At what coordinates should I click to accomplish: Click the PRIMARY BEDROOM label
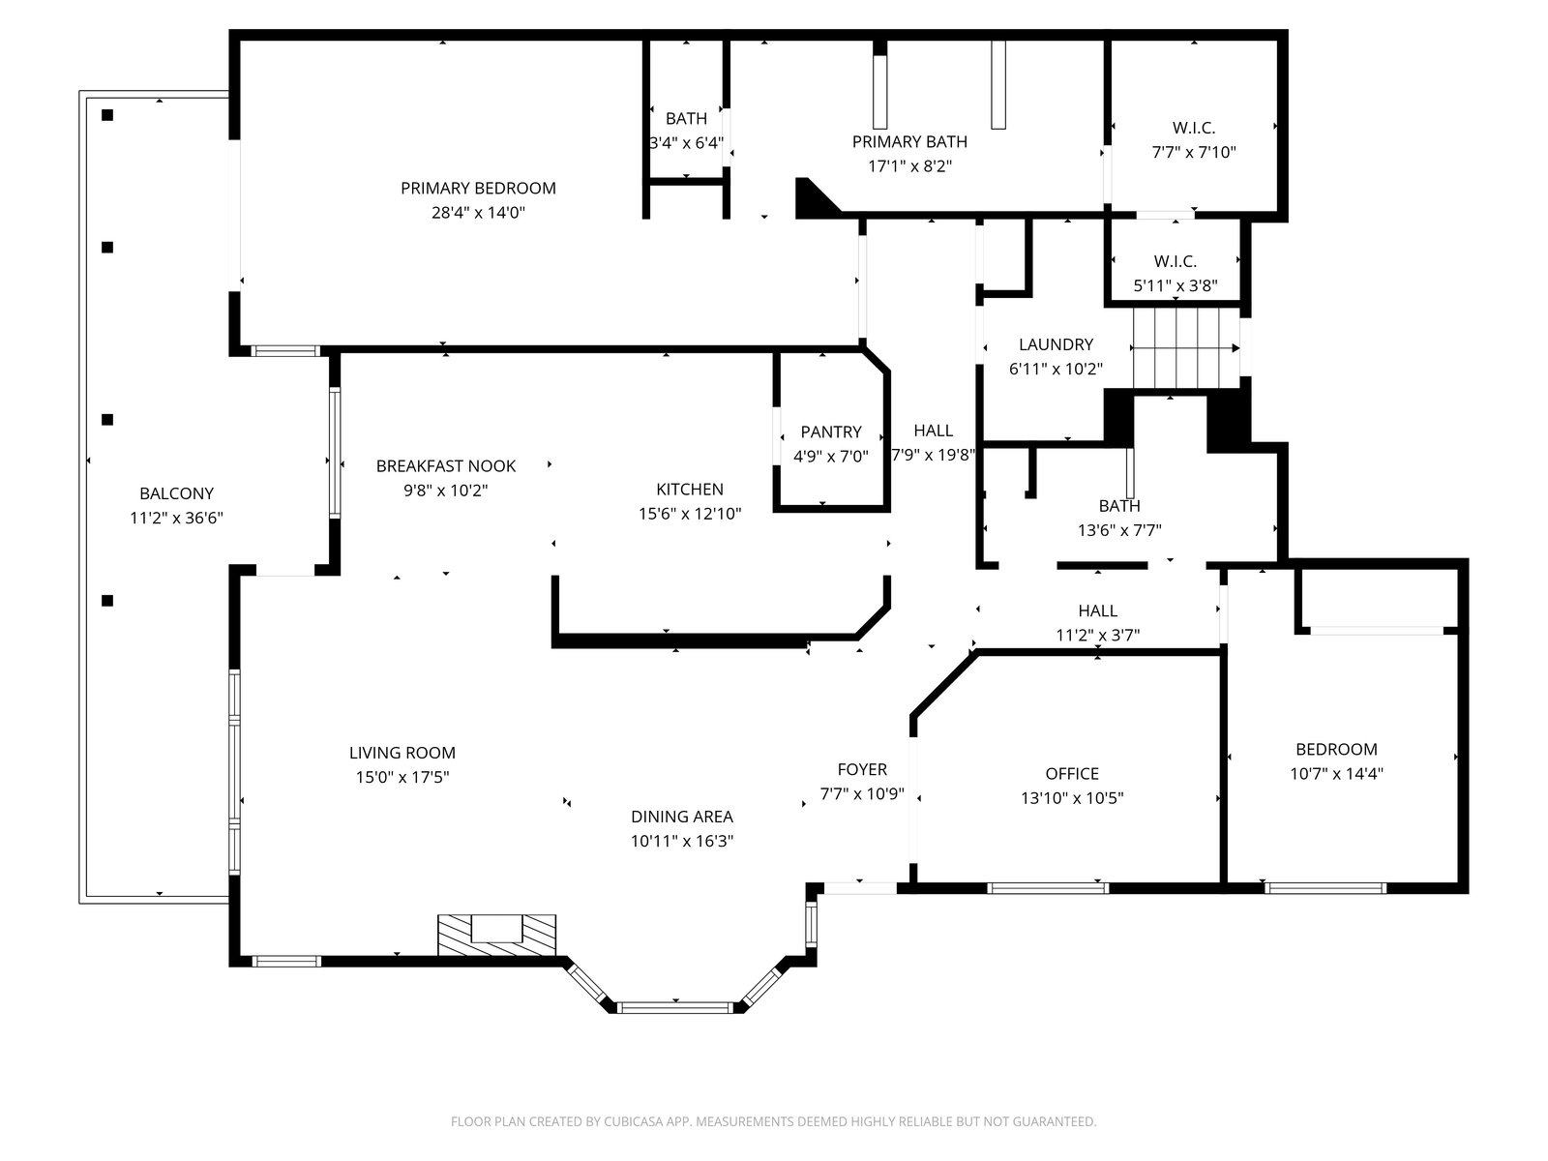[478, 189]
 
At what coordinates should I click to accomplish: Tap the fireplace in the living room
[496, 936]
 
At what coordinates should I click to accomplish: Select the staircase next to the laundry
[1186, 348]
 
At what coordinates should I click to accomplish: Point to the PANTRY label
[831, 432]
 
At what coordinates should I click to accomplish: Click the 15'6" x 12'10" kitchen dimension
[690, 514]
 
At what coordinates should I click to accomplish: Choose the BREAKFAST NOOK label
[446, 466]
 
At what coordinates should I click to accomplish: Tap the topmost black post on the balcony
[107, 115]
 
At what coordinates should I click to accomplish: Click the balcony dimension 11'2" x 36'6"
[176, 519]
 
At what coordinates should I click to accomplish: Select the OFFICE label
[1072, 773]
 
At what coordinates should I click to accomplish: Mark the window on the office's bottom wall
[1047, 888]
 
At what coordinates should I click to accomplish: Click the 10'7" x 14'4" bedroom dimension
[1336, 773]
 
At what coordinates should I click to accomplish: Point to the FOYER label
[862, 769]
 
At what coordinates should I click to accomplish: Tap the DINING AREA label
[682, 817]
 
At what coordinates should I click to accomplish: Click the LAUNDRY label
[1056, 344]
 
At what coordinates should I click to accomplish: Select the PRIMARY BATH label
[909, 141]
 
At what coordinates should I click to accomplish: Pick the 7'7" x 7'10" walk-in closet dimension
[1194, 152]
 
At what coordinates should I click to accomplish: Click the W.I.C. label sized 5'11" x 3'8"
[1175, 261]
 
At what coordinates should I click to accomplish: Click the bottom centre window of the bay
[675, 1007]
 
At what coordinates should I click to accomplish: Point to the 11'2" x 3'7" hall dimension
[1097, 635]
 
